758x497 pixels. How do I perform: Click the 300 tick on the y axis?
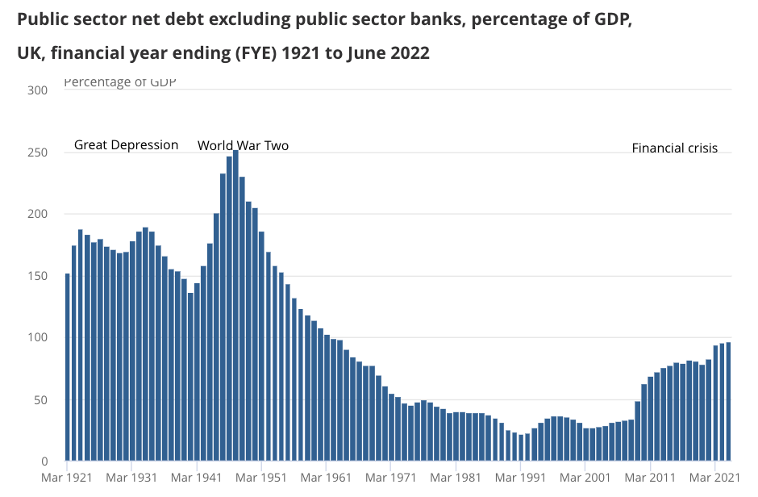click(39, 90)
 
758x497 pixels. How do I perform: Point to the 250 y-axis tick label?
click(39, 152)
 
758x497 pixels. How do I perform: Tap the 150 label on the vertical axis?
click(39, 276)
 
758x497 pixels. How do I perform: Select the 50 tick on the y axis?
click(42, 400)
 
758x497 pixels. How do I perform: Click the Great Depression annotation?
click(126, 145)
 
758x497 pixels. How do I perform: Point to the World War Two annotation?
click(243, 146)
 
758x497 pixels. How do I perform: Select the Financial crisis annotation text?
click(674, 148)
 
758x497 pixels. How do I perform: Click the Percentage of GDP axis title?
click(119, 82)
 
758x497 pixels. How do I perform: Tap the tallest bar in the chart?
click(235, 306)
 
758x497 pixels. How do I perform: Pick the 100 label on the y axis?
click(39, 338)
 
